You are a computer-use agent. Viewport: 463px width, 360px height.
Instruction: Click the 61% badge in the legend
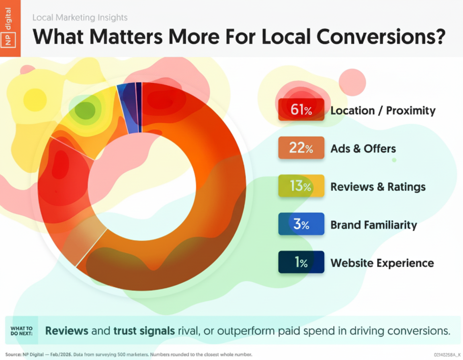click(x=301, y=110)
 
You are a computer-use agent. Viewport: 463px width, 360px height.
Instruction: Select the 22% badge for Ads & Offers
click(x=301, y=148)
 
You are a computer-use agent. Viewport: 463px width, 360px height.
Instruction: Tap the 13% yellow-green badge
click(x=301, y=186)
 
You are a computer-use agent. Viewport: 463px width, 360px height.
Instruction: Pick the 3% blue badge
click(x=301, y=224)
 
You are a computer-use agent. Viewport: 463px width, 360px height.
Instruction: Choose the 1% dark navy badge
click(x=301, y=262)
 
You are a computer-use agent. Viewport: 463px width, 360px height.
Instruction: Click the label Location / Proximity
click(x=383, y=110)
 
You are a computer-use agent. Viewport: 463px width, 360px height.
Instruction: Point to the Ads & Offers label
click(x=363, y=149)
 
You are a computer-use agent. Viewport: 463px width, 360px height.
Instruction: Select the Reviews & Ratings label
click(x=378, y=187)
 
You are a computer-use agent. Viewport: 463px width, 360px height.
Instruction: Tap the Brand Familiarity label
click(x=373, y=225)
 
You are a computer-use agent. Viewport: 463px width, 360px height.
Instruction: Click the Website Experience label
click(x=382, y=263)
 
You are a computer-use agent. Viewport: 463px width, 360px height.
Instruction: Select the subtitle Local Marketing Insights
click(x=80, y=18)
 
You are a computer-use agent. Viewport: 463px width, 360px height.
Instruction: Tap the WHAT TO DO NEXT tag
click(x=22, y=331)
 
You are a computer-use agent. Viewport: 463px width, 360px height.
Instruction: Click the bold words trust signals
click(x=144, y=331)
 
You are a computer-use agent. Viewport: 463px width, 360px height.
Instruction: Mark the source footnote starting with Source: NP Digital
click(x=129, y=354)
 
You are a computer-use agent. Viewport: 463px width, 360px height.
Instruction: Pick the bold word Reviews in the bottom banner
click(x=67, y=331)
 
